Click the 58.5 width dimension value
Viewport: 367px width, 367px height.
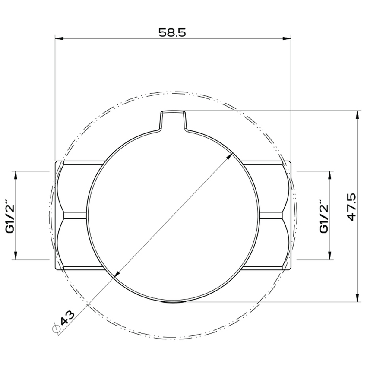(x=172, y=33)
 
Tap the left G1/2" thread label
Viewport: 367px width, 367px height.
(x=10, y=216)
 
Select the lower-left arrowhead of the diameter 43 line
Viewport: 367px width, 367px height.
(x=116, y=274)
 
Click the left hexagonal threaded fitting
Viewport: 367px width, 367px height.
(x=73, y=215)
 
